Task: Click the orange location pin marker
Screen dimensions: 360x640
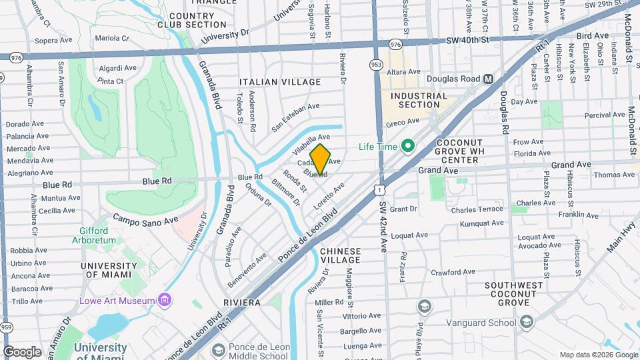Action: click(320, 159)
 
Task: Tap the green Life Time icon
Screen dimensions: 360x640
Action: click(407, 147)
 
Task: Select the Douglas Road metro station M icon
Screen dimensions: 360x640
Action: click(488, 79)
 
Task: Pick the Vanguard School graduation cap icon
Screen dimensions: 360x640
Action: click(527, 323)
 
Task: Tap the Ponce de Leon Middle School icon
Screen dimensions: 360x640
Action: click(218, 351)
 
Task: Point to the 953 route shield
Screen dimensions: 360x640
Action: click(377, 65)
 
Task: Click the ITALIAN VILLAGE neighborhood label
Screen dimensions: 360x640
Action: click(280, 82)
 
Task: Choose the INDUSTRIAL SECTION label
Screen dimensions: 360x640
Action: click(419, 100)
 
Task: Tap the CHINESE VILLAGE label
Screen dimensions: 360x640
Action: click(340, 256)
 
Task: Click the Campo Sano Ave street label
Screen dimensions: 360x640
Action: click(145, 219)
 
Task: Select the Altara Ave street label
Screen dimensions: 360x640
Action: click(404, 71)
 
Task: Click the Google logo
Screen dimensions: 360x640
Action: click(23, 351)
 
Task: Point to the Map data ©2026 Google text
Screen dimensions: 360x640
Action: click(598, 355)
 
